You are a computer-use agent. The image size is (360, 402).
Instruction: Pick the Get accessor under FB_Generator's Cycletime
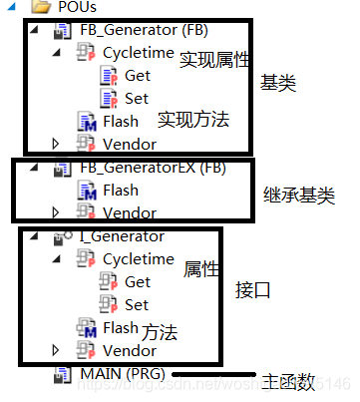click(x=138, y=75)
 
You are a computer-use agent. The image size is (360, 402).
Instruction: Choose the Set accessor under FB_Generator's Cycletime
click(x=137, y=98)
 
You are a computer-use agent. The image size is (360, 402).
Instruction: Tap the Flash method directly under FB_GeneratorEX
click(x=121, y=190)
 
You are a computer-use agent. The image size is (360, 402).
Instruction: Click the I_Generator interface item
click(x=122, y=236)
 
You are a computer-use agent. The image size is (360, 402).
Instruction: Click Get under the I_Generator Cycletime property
click(x=138, y=282)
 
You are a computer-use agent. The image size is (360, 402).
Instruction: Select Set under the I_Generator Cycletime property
click(x=137, y=304)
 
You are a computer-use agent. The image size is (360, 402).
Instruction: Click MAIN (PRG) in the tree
click(x=119, y=373)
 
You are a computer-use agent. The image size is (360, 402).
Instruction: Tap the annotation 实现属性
click(x=211, y=60)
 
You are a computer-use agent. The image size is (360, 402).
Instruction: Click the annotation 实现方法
click(x=193, y=120)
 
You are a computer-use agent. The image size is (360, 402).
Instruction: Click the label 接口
click(x=251, y=291)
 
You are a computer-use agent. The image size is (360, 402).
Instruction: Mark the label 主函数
click(x=289, y=380)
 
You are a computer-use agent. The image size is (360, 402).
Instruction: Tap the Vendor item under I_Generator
click(x=130, y=350)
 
